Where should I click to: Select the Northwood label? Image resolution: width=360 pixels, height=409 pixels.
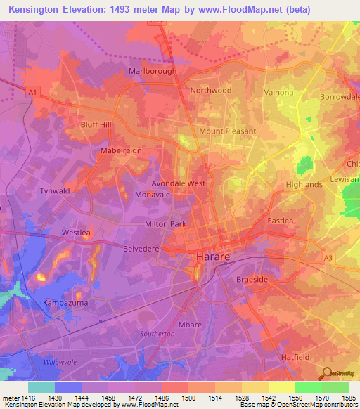[x=210, y=90]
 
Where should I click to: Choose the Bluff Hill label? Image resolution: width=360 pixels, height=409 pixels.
[x=96, y=124]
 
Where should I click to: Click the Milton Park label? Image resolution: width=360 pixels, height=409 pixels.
[x=165, y=224]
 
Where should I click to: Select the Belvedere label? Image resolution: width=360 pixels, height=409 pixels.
[x=141, y=248]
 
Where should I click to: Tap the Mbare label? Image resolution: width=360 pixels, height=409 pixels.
[x=190, y=325]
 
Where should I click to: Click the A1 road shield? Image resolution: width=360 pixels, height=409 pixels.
[x=31, y=91]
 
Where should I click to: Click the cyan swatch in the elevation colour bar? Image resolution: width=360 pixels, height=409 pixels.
[x=41, y=387]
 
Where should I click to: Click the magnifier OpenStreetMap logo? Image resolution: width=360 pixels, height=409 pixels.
[x=327, y=373]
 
